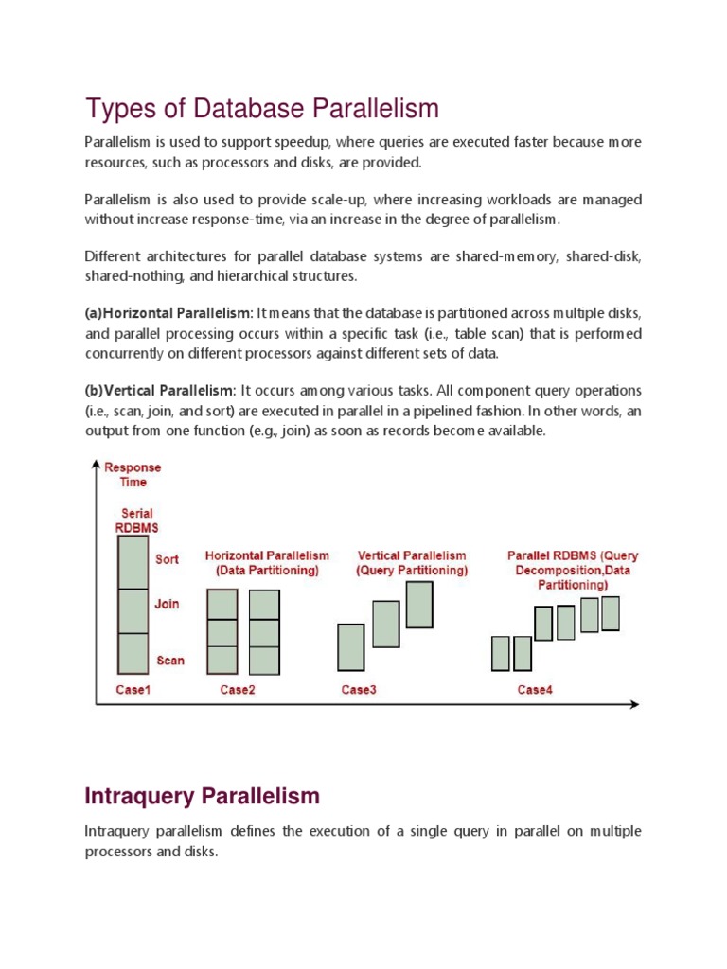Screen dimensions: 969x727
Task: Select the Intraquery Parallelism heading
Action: point(202,796)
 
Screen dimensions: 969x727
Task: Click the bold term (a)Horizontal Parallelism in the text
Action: point(168,313)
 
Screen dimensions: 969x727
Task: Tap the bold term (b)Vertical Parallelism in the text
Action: point(160,391)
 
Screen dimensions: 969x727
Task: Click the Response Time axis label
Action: point(133,474)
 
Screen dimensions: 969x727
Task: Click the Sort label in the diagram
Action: point(168,559)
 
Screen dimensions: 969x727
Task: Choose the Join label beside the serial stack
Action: point(168,604)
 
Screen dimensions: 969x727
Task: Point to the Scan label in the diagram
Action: point(169,661)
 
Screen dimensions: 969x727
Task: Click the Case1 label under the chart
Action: point(133,690)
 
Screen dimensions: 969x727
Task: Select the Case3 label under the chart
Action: point(359,690)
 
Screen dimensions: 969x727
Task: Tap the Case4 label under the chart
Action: point(535,690)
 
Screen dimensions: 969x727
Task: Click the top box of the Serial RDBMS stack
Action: point(133,562)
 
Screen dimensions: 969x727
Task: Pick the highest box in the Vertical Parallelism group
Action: point(419,605)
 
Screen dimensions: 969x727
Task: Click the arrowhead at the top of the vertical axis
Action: point(96,464)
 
